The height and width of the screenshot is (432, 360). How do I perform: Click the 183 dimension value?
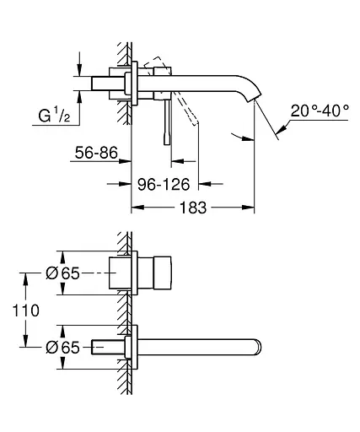(193, 208)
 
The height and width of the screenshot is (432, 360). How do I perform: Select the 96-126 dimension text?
(164, 185)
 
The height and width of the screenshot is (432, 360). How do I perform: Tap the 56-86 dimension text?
(96, 153)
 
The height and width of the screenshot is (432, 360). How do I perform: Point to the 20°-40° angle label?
(320, 111)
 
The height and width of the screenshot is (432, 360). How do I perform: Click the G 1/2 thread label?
(54, 116)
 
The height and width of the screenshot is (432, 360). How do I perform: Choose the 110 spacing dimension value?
(25, 310)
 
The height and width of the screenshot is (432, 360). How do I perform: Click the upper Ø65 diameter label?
(62, 273)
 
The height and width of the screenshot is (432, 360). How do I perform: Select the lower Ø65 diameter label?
(62, 348)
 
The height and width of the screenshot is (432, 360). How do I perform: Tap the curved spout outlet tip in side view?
(254, 97)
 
